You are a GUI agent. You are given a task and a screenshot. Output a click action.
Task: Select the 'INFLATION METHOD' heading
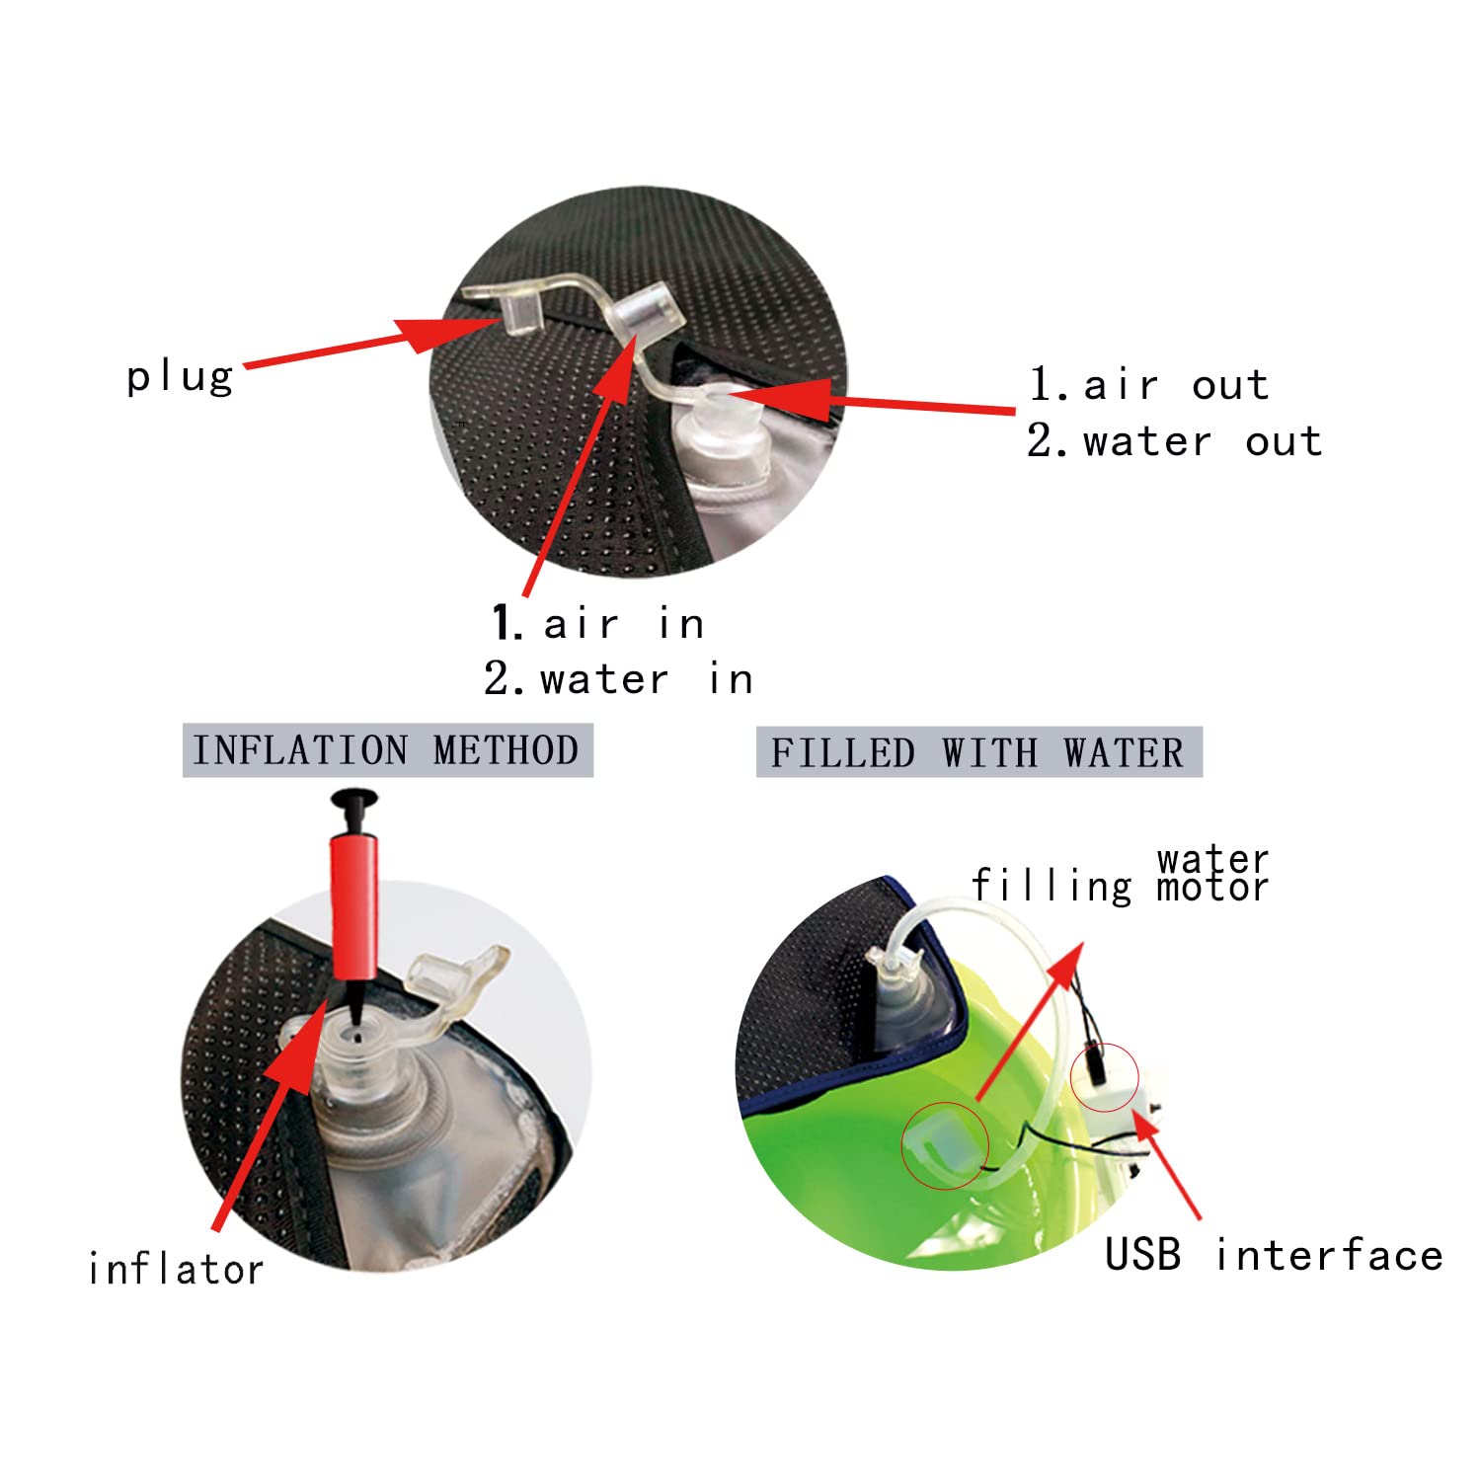[386, 750]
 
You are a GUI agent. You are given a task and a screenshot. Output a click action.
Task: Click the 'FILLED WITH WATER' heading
[977, 753]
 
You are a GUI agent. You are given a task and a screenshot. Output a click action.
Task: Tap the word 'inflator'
[176, 1269]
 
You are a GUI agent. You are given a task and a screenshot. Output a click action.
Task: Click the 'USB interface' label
[1274, 1255]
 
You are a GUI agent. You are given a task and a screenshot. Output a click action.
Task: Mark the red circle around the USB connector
[1105, 1075]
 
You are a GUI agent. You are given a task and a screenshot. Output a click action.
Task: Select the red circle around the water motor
[945, 1145]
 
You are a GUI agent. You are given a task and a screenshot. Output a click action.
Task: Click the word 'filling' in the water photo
[1052, 886]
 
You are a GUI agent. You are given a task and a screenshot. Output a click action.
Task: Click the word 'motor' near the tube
[1212, 888]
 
